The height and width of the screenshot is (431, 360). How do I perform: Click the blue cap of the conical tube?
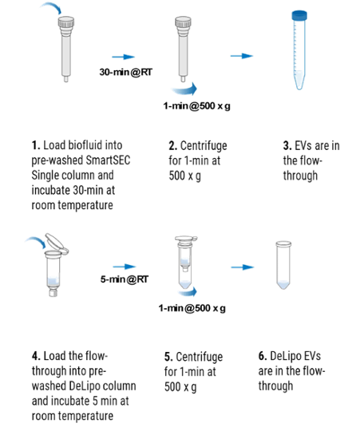coord(299,15)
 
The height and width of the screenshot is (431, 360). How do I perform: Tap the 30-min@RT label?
coord(125,72)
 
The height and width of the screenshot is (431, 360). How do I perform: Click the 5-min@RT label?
coord(125,279)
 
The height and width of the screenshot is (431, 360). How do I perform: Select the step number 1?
coord(36,145)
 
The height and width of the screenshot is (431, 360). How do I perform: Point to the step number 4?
coord(36,356)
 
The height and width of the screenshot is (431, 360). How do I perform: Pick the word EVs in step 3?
coord(303,146)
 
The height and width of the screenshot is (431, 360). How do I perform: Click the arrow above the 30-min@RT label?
coord(124,57)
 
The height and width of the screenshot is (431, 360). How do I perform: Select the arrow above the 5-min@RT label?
coord(125,267)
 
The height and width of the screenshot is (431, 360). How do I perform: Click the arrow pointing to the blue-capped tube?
coord(242,56)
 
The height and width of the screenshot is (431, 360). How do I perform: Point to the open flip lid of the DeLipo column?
coord(57,243)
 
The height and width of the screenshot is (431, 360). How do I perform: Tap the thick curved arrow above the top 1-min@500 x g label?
coord(184,89)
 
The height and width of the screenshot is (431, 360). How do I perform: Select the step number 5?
coord(168,357)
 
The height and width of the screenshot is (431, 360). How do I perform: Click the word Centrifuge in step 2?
coord(204,146)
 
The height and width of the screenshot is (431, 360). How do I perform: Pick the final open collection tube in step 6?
coord(283,265)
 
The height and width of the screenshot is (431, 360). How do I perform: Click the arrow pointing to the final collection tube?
coord(243,267)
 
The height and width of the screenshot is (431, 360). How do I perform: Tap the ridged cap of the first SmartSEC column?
coord(66,22)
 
